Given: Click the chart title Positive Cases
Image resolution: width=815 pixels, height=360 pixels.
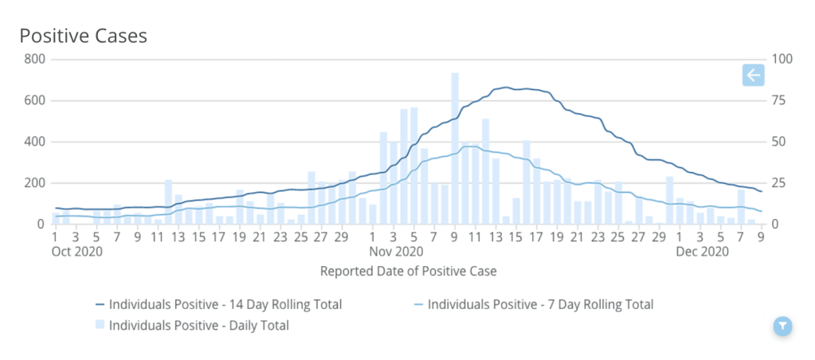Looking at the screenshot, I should click(x=83, y=37).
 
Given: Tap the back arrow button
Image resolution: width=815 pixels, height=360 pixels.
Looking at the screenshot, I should click(x=753, y=76).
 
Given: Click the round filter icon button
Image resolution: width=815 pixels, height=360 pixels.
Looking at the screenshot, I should click(x=783, y=325).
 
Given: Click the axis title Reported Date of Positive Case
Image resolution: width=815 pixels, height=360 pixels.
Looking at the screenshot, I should click(x=408, y=271).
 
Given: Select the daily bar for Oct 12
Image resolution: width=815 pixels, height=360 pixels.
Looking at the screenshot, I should click(x=168, y=202).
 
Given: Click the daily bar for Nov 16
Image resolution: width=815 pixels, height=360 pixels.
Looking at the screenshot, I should click(x=527, y=183).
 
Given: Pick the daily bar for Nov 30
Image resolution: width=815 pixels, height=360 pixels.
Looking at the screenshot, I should click(x=670, y=201).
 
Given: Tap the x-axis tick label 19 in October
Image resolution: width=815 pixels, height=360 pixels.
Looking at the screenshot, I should click(x=239, y=237).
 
